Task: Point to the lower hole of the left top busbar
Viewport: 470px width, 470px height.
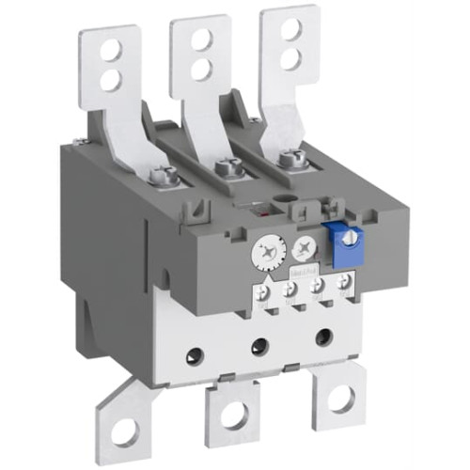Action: [111, 81]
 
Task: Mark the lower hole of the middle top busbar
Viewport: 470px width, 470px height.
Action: [200, 69]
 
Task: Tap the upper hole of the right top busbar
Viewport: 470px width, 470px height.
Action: [291, 29]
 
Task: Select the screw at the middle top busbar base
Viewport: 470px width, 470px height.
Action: [224, 168]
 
